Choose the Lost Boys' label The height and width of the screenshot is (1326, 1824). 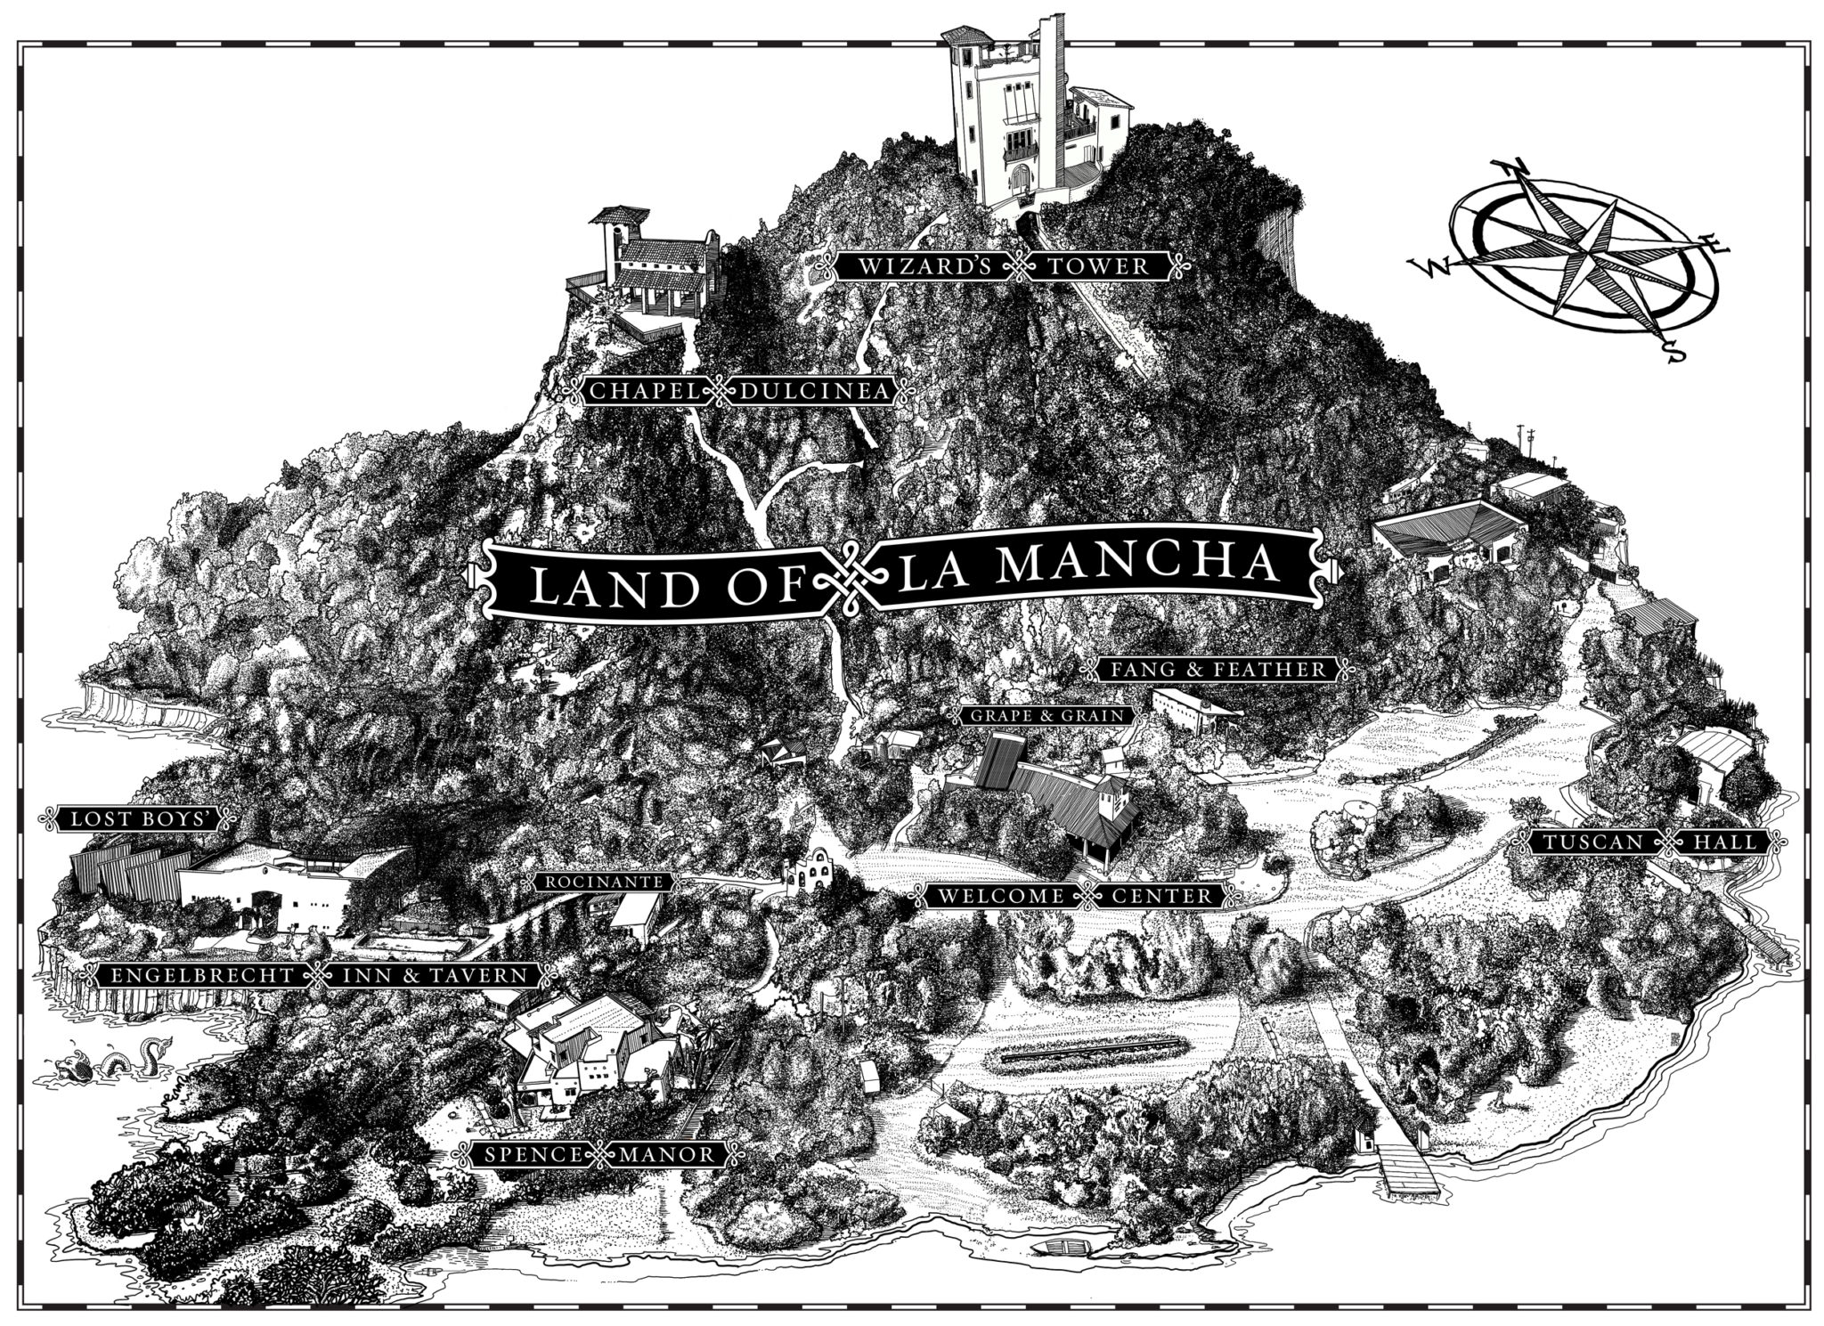click(x=136, y=819)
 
